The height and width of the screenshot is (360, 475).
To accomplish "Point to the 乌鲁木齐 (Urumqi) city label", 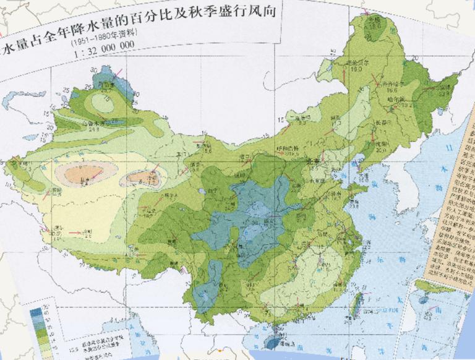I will tap(94, 122).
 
